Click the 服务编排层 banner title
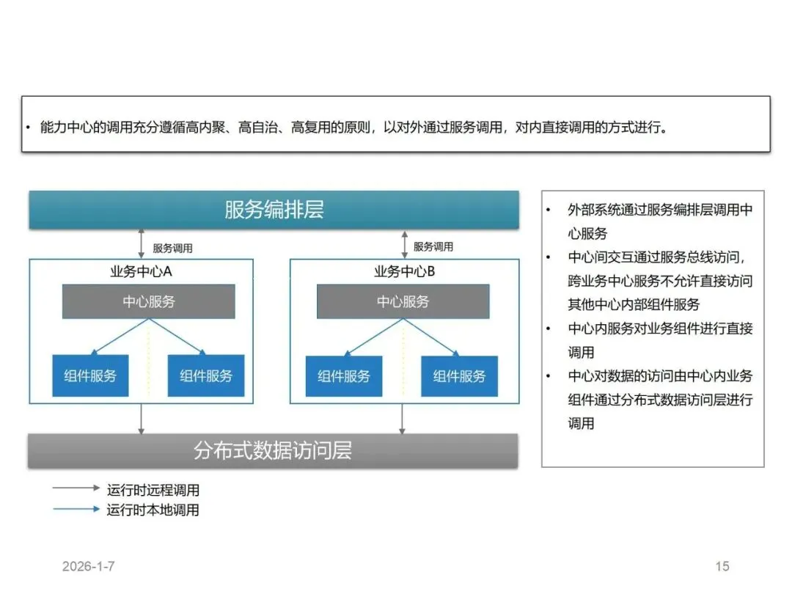(274, 210)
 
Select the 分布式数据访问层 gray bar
(273, 450)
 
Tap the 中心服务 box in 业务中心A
(148, 301)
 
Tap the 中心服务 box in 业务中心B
(403, 301)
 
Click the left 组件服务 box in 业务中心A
(90, 376)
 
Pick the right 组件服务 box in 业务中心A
(206, 376)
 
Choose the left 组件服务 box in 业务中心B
(344, 376)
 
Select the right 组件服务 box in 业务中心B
(459, 376)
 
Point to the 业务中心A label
(141, 272)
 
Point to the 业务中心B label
(404, 272)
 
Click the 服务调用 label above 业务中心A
(172, 249)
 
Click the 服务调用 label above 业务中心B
(433, 247)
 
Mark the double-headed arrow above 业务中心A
(142, 243)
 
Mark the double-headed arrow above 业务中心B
(403, 243)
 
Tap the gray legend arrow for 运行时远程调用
(76, 488)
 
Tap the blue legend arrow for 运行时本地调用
(76, 508)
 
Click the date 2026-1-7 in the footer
(88, 566)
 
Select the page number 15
(722, 566)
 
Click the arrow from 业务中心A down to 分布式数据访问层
(142, 419)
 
